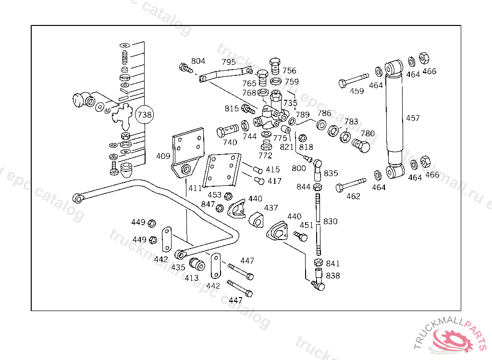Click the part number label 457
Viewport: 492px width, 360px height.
pos(413,118)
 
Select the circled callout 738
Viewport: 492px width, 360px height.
pos(145,115)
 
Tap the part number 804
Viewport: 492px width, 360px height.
pos(198,61)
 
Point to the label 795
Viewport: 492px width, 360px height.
pos(228,62)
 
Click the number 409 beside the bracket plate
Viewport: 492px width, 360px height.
pos(163,156)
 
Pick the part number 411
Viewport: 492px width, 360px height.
pos(195,188)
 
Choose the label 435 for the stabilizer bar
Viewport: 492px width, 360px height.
pos(178,267)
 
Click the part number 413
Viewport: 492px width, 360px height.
pos(192,277)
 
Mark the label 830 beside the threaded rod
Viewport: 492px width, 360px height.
pos(330,221)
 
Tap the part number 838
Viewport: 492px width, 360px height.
pos(332,276)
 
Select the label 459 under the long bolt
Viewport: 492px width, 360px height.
pos(357,91)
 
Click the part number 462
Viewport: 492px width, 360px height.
pos(353,196)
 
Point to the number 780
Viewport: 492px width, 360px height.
pos(368,133)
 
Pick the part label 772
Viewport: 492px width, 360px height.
pos(265,156)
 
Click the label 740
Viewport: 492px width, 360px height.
pos(230,143)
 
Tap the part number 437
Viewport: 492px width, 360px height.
pos(271,208)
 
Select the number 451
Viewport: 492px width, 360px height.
pos(306,225)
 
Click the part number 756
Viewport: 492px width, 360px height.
pos(289,71)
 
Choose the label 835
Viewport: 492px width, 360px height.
pos(331,173)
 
